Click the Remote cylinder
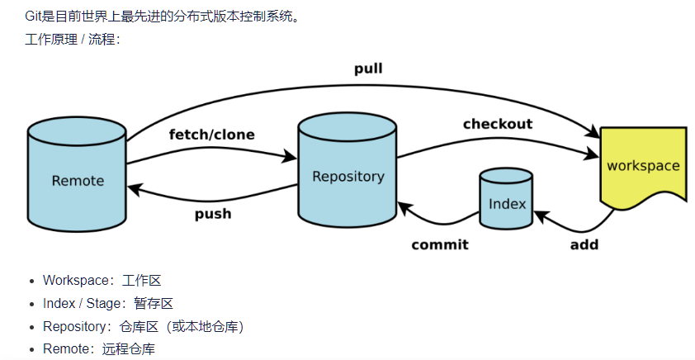pyautogui.click(x=77, y=180)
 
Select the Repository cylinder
pyautogui.click(x=347, y=175)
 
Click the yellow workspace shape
pyautogui.click(x=642, y=166)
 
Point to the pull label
pyautogui.click(x=368, y=69)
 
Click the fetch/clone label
pyautogui.click(x=211, y=135)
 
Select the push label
pyautogui.click(x=213, y=214)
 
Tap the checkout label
pyautogui.click(x=497, y=124)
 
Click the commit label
pyautogui.click(x=439, y=244)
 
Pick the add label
pyautogui.click(x=584, y=244)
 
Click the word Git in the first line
pyautogui.click(x=34, y=16)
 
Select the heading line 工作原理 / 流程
pyautogui.click(x=73, y=39)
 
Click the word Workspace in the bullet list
pyautogui.click(x=76, y=281)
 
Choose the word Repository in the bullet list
pyautogui.click(x=76, y=327)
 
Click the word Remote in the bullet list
pyautogui.click(x=66, y=349)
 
